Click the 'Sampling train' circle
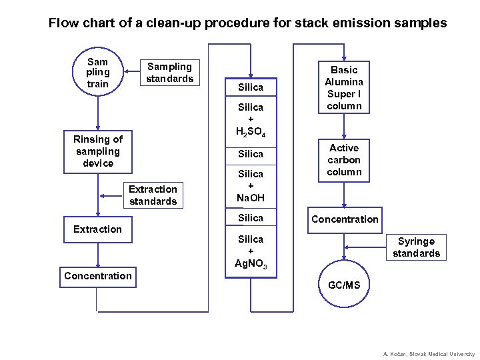97,73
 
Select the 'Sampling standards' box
169,73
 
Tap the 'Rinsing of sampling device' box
98,151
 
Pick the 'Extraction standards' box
153,195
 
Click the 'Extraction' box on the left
98,229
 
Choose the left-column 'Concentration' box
98,276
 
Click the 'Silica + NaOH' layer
251,186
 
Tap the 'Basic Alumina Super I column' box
344,88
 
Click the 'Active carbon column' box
344,160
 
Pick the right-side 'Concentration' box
344,219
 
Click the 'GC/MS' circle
344,285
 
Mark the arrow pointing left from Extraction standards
107,196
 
